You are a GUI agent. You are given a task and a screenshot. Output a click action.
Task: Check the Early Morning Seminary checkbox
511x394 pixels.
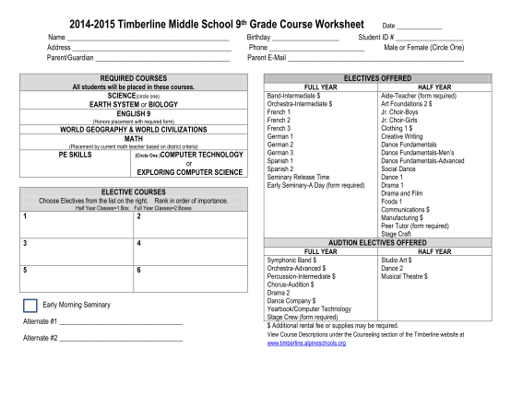[30, 305]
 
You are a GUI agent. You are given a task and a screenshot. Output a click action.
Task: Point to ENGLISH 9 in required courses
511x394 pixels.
[134, 114]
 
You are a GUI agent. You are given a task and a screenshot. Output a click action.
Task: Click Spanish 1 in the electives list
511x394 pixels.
[280, 161]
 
